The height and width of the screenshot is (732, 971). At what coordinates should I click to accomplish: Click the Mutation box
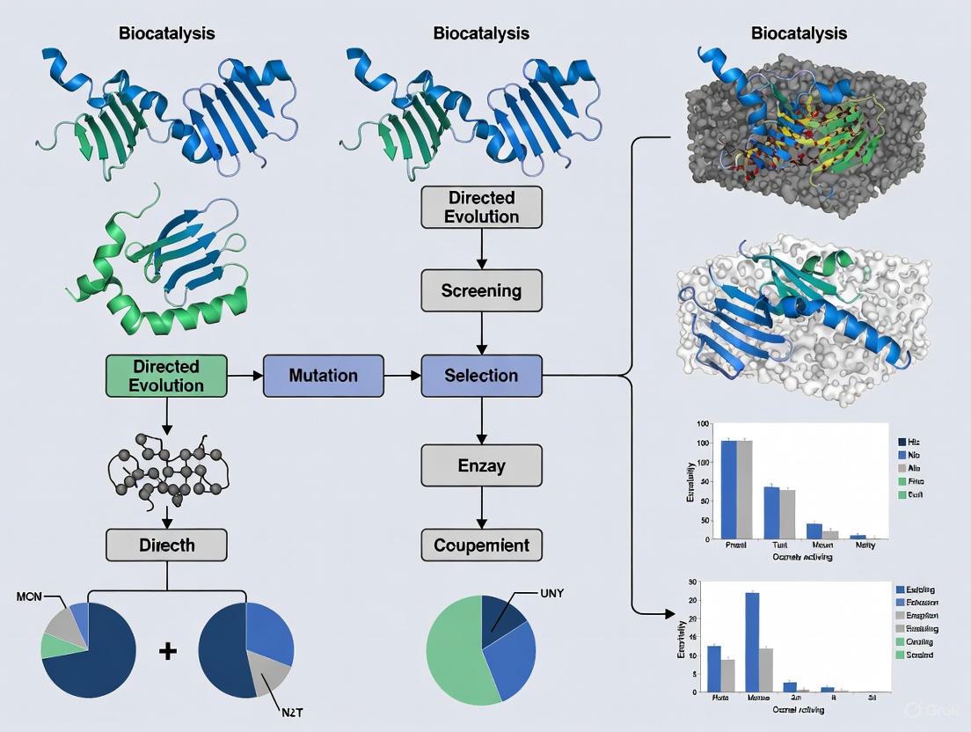[323, 376]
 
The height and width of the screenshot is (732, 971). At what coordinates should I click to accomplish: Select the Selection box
[481, 376]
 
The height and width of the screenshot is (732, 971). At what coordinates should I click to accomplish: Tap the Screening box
[481, 290]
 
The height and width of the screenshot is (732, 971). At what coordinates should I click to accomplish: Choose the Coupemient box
[481, 545]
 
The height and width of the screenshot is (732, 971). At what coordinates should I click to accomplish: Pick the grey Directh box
[166, 545]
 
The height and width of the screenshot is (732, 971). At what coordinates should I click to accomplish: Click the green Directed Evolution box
[166, 376]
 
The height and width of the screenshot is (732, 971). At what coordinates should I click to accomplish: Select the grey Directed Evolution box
[481, 208]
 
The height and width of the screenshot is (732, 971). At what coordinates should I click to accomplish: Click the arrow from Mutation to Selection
[403, 376]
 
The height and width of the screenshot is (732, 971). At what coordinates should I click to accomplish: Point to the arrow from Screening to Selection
[481, 333]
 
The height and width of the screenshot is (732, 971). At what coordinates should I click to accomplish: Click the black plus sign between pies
[167, 652]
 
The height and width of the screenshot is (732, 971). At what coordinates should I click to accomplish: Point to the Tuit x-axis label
[773, 545]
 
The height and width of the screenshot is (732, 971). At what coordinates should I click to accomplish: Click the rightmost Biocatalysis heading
[799, 33]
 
